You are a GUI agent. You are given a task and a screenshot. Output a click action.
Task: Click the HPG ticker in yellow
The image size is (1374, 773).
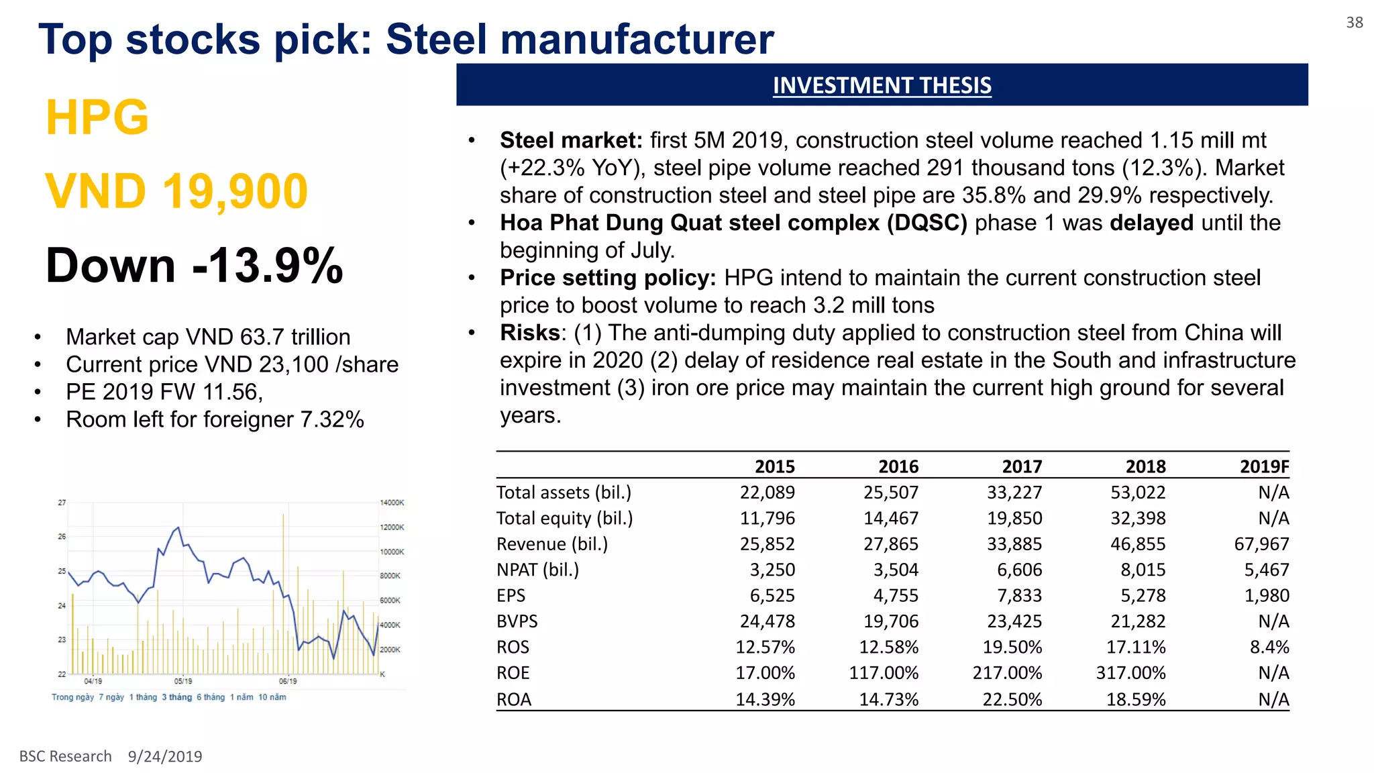(x=97, y=118)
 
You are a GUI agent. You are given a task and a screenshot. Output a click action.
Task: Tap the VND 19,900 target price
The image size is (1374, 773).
(x=176, y=192)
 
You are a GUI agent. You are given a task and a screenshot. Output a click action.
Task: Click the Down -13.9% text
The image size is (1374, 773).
(x=194, y=266)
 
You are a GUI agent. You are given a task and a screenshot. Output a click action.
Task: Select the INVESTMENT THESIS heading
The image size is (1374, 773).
(x=882, y=85)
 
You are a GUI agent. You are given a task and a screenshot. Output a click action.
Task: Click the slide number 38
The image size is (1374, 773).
(x=1354, y=23)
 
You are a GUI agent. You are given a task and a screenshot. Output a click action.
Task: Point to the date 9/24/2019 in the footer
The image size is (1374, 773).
(x=165, y=756)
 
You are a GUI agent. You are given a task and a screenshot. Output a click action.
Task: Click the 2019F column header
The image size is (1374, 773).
(x=1264, y=466)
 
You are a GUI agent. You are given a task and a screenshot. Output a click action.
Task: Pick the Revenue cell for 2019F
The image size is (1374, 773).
(x=1261, y=544)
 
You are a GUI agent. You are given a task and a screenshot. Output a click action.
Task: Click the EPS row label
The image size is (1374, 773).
(x=511, y=595)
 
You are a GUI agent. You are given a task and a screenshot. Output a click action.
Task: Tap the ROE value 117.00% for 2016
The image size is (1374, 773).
(x=884, y=673)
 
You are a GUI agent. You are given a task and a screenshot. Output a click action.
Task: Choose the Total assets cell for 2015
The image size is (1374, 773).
(x=767, y=493)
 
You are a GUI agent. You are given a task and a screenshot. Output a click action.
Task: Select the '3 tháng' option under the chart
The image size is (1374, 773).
(x=176, y=697)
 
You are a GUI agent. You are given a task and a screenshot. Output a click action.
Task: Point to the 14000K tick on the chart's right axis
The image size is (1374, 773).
(x=392, y=503)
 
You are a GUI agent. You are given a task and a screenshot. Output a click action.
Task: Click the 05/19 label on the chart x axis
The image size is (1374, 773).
(x=183, y=681)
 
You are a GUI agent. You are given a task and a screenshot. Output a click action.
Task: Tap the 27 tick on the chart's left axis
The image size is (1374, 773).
(x=62, y=503)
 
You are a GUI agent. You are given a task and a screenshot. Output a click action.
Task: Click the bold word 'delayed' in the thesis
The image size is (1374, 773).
(x=1151, y=223)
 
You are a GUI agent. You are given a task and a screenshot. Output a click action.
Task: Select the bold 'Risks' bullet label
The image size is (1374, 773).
(x=530, y=333)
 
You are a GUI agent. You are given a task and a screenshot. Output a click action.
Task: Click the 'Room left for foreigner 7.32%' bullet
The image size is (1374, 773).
(x=215, y=419)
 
